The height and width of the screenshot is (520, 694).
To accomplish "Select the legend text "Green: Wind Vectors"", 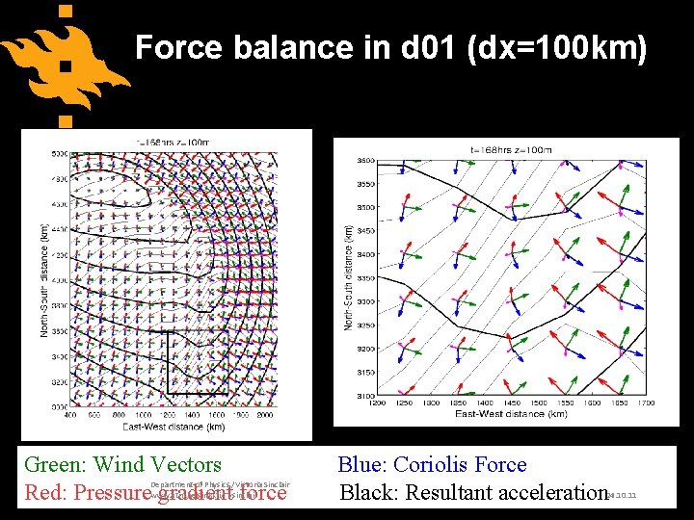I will point(122,465).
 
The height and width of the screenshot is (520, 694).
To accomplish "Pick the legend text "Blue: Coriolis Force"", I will point(432,465).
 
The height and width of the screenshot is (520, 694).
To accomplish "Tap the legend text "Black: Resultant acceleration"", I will point(472,493).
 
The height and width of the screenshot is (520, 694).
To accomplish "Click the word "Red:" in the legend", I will point(45,493).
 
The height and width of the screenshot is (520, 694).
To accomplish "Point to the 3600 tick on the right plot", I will point(367,161).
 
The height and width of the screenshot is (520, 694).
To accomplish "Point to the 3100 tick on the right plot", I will point(367,396).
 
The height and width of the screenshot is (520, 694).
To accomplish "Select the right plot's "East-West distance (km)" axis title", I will point(511,414).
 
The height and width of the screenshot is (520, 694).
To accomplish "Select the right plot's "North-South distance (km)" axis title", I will point(349,279).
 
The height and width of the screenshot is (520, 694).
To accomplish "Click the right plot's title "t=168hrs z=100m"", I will point(511,149).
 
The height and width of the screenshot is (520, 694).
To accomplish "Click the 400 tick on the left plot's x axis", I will point(70,415).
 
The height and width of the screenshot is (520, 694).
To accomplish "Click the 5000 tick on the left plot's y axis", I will point(59,153).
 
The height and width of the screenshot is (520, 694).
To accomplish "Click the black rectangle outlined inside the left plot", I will point(198,363).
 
